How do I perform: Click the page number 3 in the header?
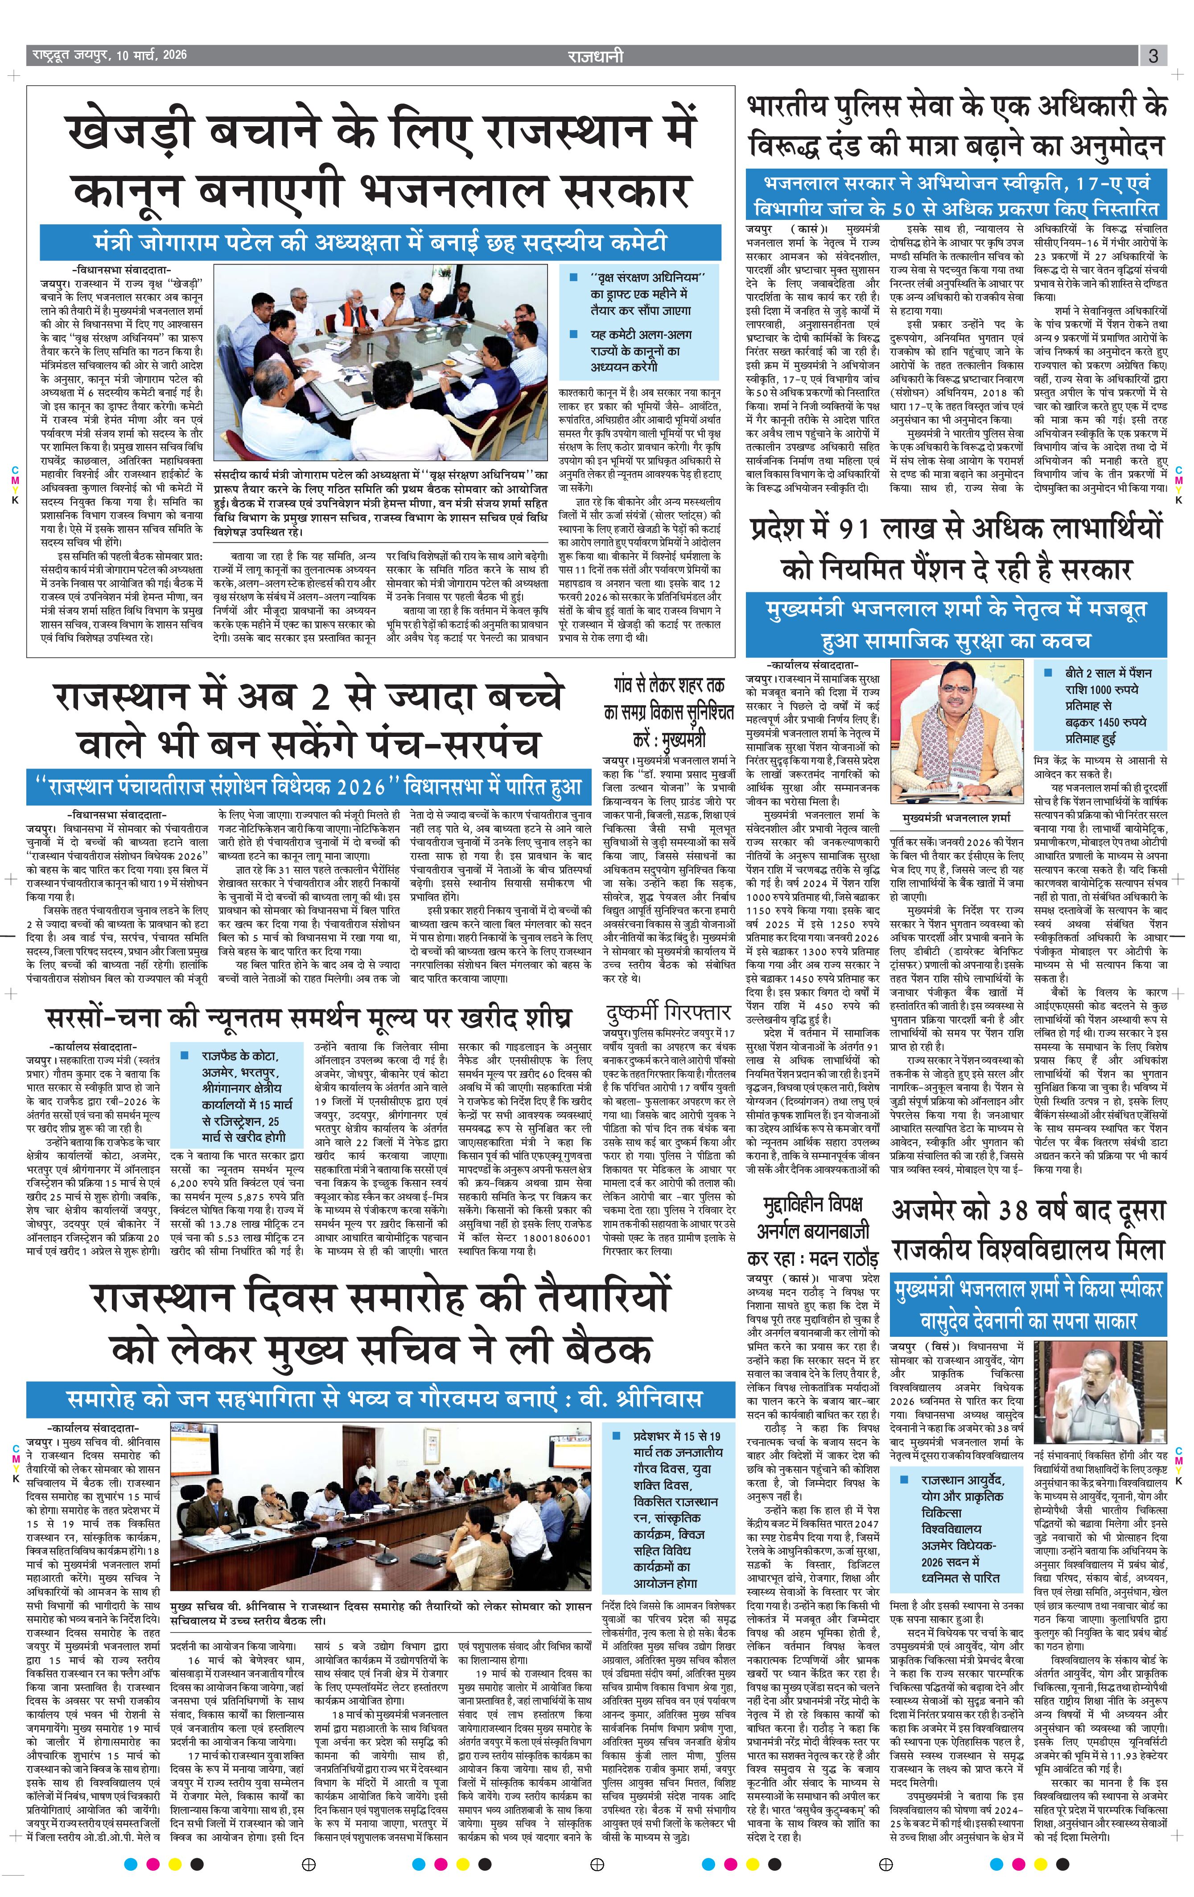pyautogui.click(x=1152, y=55)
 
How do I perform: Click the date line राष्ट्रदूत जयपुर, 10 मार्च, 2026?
pyautogui.click(x=110, y=55)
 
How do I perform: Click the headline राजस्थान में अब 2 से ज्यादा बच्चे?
pyautogui.click(x=309, y=699)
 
